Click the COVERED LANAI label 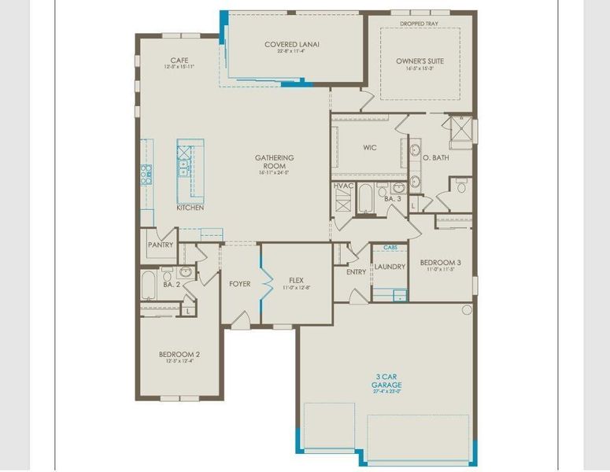click(x=291, y=45)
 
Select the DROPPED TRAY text click(x=419, y=24)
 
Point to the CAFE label click(x=179, y=61)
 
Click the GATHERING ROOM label click(x=274, y=162)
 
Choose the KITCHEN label click(x=190, y=208)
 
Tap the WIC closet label click(x=370, y=147)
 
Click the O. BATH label click(x=435, y=158)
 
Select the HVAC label click(x=343, y=186)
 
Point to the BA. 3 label click(x=393, y=200)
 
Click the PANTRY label click(x=160, y=245)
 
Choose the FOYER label click(x=239, y=283)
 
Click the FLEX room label click(x=296, y=280)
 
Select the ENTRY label click(x=356, y=272)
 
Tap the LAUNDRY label click(x=390, y=267)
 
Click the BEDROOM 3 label click(x=440, y=263)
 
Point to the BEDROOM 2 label click(x=179, y=354)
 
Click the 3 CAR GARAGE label click(x=386, y=381)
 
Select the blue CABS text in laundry click(x=390, y=247)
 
